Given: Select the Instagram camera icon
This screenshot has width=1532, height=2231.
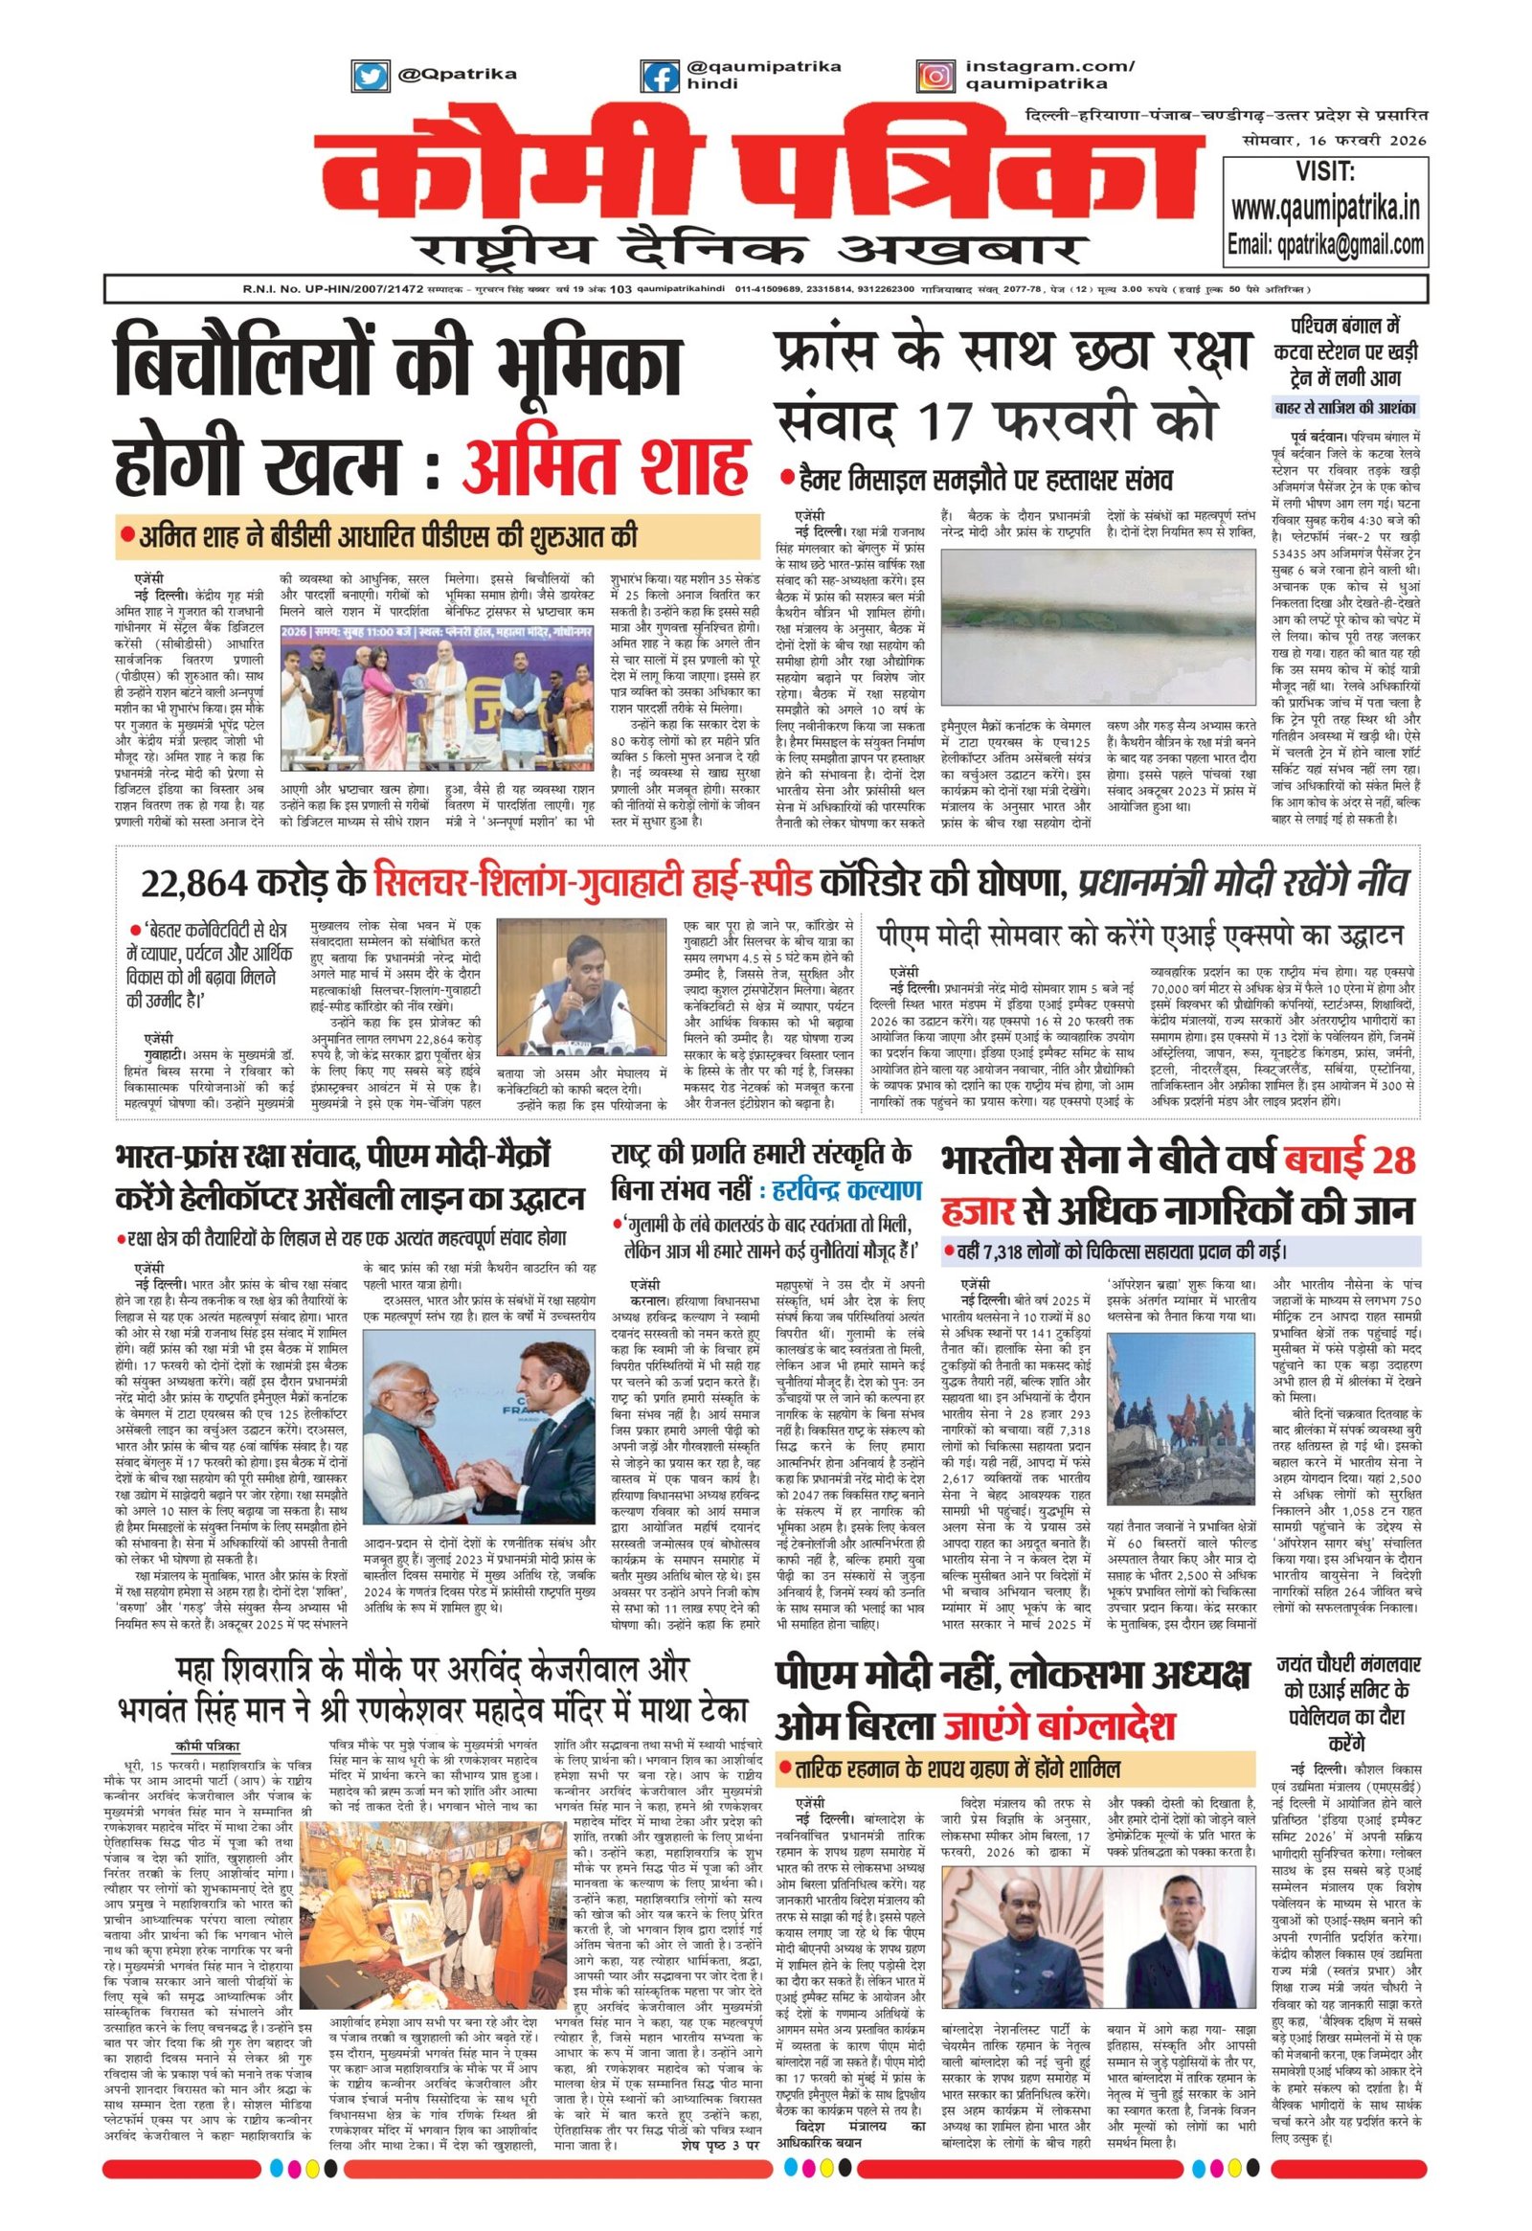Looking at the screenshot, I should click(x=934, y=75).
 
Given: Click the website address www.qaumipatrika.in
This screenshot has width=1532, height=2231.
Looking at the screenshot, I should click(x=1325, y=208).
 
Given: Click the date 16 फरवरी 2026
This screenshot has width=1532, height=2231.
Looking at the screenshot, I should click(x=1363, y=140).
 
